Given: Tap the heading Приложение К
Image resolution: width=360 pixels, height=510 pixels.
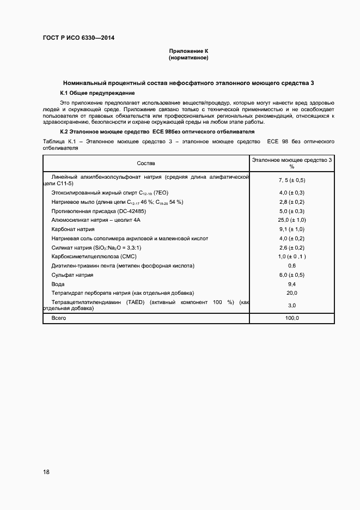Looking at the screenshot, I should (188, 51).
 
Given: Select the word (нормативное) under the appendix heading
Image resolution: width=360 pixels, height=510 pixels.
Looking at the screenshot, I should (188, 57).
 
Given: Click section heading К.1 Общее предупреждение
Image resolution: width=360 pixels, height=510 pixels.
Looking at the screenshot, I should (94, 93).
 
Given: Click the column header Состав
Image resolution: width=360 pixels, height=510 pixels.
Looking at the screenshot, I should (146, 163).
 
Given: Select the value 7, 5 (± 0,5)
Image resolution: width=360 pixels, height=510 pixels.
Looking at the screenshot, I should (292, 180).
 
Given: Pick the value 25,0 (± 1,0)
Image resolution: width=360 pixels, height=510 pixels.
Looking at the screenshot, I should (292, 220).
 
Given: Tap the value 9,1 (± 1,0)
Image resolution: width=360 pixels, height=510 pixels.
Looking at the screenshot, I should (292, 229).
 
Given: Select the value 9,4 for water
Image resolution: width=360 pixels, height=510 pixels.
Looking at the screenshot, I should (292, 284).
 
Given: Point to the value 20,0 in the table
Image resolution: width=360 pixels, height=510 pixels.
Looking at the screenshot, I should (292, 293).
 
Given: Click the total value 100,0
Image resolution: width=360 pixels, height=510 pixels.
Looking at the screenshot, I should (292, 318).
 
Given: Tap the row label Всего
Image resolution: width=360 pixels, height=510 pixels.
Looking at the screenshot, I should (59, 318).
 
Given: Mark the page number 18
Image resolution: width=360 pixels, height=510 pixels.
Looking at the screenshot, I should (46, 472).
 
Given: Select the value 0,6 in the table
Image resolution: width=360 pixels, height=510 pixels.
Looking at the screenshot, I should (292, 266).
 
